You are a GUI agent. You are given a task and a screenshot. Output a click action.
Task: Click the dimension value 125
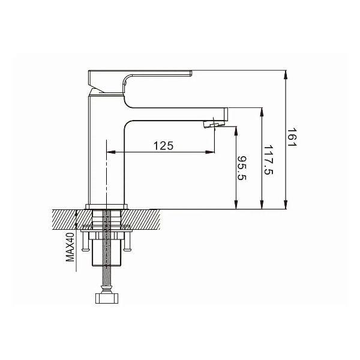(163, 146)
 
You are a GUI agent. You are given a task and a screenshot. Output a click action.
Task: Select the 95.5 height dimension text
(242, 168)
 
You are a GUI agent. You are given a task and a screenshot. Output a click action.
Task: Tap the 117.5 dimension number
(268, 160)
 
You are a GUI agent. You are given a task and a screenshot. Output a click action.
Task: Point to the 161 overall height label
(292, 137)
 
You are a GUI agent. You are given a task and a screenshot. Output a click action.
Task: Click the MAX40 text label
(70, 247)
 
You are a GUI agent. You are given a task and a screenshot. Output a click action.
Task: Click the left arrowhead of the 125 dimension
(111, 152)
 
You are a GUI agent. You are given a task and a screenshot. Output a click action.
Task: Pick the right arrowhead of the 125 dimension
(210, 152)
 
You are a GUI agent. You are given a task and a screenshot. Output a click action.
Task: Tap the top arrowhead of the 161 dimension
(286, 74)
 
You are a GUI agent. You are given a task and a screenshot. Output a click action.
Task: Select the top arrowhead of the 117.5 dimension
(261, 112)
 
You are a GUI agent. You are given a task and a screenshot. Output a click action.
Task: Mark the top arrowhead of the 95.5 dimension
(236, 131)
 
